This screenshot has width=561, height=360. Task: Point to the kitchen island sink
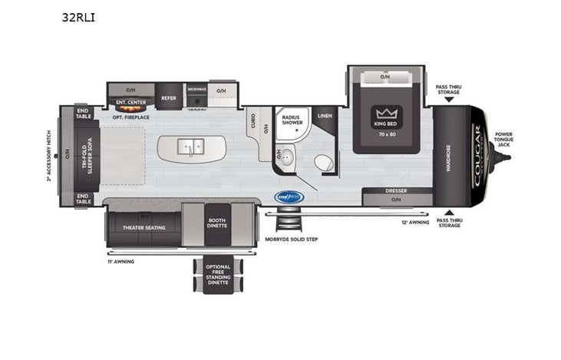click(x=190, y=145)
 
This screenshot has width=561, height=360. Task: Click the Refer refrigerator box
click(x=169, y=98)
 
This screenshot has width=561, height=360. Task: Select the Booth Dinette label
click(x=216, y=223)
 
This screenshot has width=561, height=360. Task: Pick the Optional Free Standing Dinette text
click(x=217, y=274)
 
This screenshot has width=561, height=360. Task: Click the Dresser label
click(x=396, y=190)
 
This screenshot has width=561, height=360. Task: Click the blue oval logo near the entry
click(x=289, y=197)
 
